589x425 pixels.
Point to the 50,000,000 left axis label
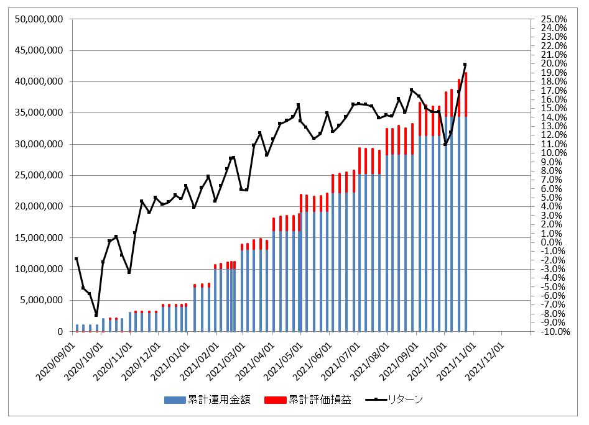[39, 19]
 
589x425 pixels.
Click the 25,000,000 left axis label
[39, 175]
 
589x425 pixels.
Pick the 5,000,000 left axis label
[41, 300]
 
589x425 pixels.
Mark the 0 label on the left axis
[60, 332]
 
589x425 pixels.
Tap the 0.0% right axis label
[553, 242]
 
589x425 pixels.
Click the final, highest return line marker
[465, 65]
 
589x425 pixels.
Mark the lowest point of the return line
[96, 315]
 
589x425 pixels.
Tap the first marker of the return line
[77, 259]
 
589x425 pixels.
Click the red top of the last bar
[465, 94]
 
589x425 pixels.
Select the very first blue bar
[77, 328]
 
